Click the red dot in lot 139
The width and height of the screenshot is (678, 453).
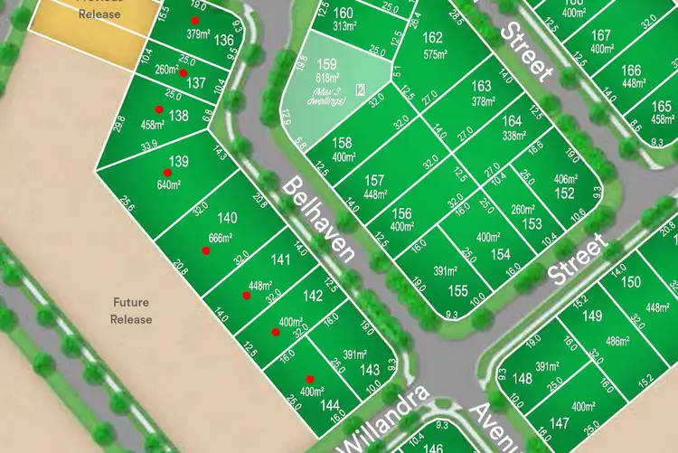point(167,172)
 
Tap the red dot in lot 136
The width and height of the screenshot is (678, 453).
point(194,20)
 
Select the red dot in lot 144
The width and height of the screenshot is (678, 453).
point(310,379)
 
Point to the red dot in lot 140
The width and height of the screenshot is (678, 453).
point(206,250)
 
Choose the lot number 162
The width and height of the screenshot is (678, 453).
point(433,37)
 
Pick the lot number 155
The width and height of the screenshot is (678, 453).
point(458,290)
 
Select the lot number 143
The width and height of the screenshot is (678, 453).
point(370,370)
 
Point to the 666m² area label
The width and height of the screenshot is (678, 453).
point(221,238)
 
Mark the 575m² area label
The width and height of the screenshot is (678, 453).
point(436,54)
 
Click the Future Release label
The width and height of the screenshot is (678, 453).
point(131,311)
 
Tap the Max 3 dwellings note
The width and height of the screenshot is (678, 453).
point(325,96)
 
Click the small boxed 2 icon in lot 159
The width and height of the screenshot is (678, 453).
point(361,89)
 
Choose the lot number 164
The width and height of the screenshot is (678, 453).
point(512,120)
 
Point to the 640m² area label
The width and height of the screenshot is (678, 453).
point(169,185)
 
